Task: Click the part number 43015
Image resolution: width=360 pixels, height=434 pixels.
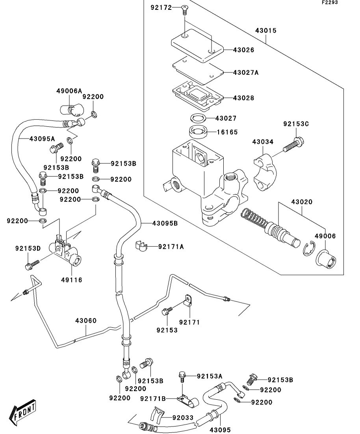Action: click(266, 30)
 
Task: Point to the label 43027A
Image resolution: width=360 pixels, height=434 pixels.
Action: click(246, 72)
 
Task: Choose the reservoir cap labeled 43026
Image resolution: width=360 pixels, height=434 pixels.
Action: click(197, 44)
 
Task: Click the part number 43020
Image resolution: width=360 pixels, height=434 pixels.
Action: click(302, 202)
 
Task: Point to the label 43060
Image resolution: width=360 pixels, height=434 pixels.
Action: click(86, 321)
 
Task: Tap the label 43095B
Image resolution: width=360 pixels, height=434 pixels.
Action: click(165, 223)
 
